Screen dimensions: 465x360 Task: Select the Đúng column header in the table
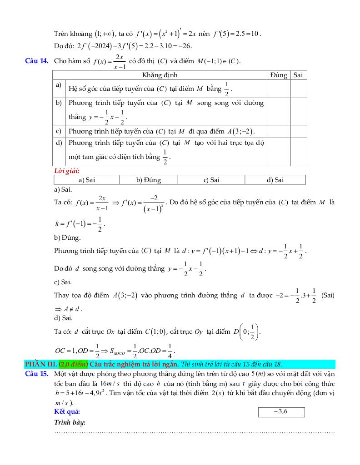point(278,75)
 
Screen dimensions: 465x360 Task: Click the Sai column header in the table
point(298,75)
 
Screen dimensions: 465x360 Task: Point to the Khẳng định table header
point(160,75)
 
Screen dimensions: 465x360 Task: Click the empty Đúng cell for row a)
point(278,89)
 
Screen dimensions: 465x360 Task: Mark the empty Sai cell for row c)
point(298,132)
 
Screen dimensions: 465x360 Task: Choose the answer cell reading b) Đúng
point(149,180)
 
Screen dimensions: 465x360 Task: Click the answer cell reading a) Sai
point(86,180)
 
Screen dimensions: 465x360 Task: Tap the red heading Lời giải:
point(67,171)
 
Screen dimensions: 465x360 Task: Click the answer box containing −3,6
point(281,412)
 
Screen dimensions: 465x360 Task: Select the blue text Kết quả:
point(67,412)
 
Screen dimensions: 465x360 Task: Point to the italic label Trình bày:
point(70,422)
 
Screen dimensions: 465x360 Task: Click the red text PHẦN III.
point(41,364)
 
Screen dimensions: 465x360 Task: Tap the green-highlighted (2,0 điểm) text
point(73,364)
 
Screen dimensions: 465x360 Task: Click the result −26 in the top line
point(185,45)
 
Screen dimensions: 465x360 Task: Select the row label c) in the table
point(59,132)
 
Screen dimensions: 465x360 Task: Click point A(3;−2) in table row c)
point(241,132)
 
